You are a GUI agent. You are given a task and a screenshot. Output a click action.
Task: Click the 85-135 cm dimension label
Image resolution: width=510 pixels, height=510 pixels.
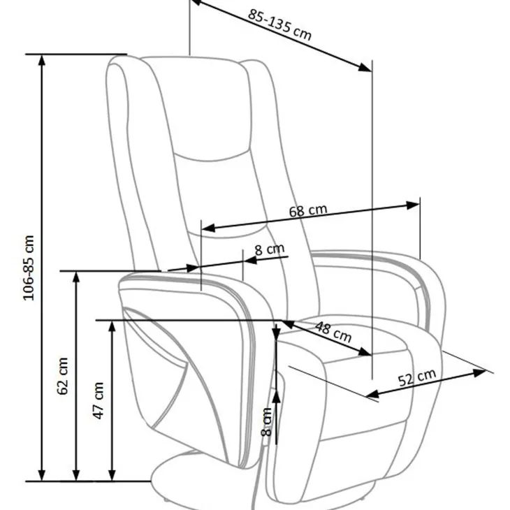pyautogui.click(x=279, y=25)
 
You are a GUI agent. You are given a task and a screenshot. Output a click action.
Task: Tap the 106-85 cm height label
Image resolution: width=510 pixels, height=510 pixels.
pyautogui.click(x=29, y=268)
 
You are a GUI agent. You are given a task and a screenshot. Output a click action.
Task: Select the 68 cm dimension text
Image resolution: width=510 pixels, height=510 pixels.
pyautogui.click(x=308, y=211)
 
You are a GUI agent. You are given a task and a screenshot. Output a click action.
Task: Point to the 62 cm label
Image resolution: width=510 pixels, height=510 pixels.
pyautogui.click(x=62, y=376)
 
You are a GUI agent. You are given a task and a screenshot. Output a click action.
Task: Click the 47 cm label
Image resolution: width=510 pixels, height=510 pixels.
pyautogui.click(x=99, y=401)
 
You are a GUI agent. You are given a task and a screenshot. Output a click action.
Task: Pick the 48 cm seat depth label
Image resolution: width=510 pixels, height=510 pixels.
pyautogui.click(x=333, y=332)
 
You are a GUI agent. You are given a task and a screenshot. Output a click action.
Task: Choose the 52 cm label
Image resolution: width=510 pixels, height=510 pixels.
pyautogui.click(x=417, y=378)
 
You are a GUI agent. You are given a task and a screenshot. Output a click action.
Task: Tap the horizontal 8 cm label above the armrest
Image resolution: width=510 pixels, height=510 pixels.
pyautogui.click(x=269, y=249)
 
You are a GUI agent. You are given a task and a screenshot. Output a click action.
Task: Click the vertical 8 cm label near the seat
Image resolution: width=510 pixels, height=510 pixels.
pyautogui.click(x=266, y=421)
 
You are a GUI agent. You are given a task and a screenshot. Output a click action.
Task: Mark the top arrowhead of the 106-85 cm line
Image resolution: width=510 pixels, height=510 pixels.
pyautogui.click(x=42, y=61)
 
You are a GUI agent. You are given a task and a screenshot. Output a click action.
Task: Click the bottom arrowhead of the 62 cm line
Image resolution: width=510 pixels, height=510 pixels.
pyautogui.click(x=76, y=475)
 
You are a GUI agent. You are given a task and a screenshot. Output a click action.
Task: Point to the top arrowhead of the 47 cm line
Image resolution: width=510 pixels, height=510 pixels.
pyautogui.click(x=112, y=326)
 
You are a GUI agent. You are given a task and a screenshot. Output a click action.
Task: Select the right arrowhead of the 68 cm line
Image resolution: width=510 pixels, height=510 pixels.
pyautogui.click(x=413, y=205)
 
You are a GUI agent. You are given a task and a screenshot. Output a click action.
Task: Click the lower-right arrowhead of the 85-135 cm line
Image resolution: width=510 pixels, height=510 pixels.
pyautogui.click(x=365, y=67)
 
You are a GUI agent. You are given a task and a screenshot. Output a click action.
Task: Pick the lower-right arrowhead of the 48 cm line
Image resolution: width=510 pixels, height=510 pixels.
pyautogui.click(x=365, y=352)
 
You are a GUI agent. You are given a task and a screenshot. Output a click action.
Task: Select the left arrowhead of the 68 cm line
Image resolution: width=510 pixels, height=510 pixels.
pyautogui.click(x=209, y=228)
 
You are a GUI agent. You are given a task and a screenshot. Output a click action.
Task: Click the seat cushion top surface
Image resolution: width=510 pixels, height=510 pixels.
pyautogui.click(x=342, y=342)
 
